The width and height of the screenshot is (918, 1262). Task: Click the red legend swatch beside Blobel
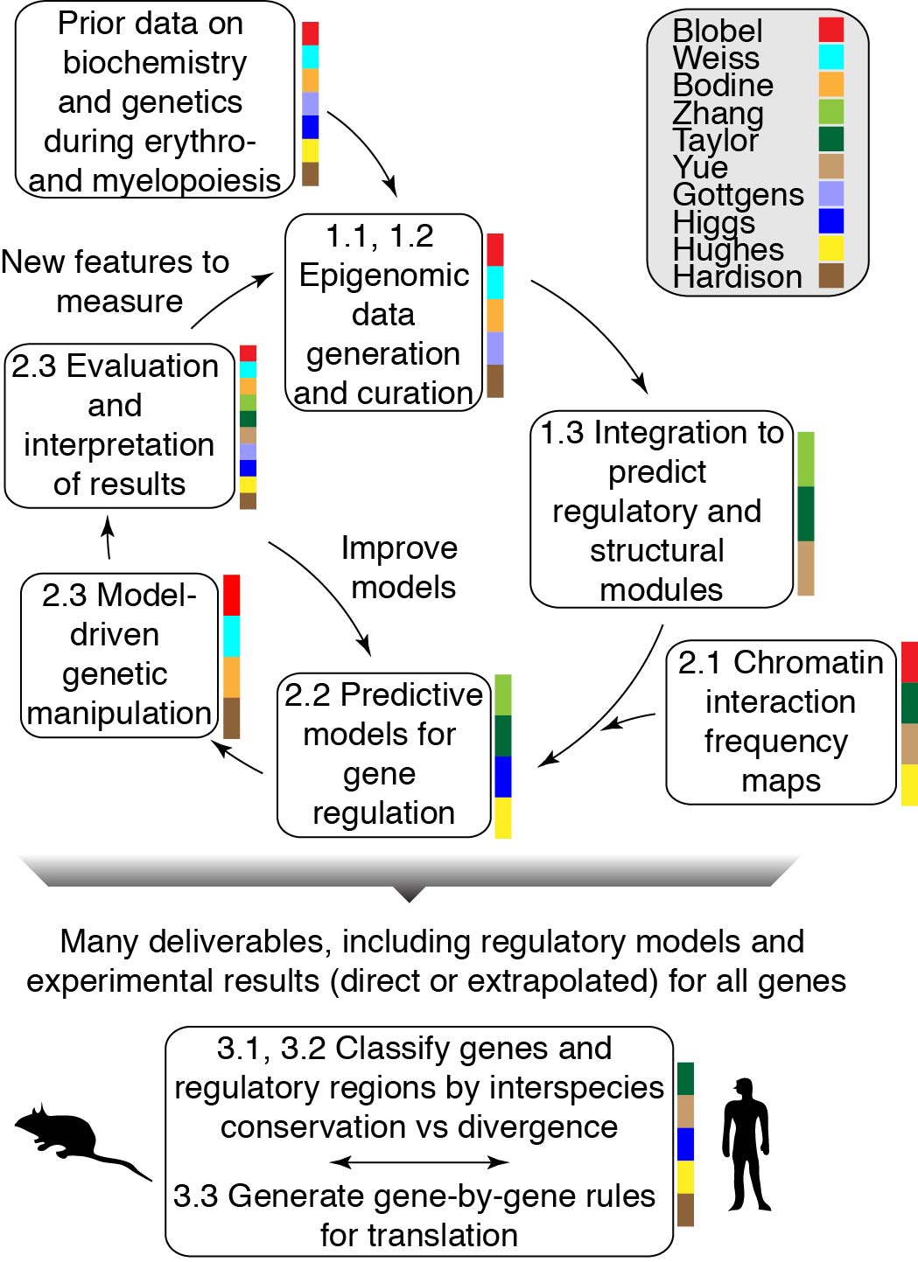click(x=831, y=29)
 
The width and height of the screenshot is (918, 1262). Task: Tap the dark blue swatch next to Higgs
click(x=831, y=221)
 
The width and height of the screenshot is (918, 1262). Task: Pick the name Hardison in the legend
click(x=737, y=277)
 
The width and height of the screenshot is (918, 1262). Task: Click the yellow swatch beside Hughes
click(x=831, y=248)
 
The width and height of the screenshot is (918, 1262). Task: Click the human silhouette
click(x=746, y=1144)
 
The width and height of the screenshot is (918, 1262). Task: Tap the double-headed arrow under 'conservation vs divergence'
click(x=419, y=1161)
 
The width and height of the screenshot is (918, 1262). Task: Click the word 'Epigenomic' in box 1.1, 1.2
click(x=384, y=275)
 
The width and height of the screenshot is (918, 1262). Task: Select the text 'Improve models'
click(x=400, y=568)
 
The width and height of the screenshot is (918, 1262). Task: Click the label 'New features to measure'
click(x=116, y=281)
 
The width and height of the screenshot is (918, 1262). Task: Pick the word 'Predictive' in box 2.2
click(x=411, y=694)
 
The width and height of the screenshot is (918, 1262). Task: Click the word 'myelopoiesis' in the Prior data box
click(x=186, y=181)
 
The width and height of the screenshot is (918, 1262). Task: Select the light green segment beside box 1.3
click(x=806, y=459)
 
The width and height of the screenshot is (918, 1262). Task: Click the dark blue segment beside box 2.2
click(x=503, y=777)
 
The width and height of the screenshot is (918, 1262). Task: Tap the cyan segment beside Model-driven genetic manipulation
click(x=232, y=636)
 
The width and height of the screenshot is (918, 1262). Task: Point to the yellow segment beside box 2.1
click(x=909, y=784)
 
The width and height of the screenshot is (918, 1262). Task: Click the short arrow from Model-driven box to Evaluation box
click(x=109, y=538)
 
